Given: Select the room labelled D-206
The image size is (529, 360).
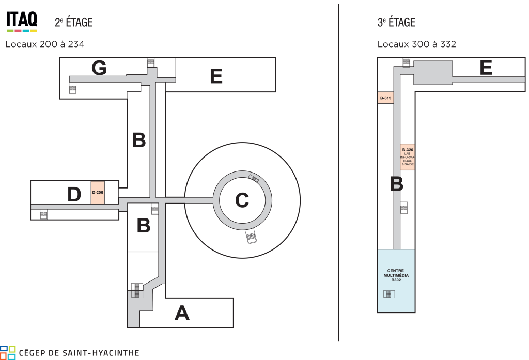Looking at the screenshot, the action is tap(98, 192).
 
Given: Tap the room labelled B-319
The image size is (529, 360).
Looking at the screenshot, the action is tap(385, 98).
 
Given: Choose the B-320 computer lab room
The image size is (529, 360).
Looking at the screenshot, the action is tap(408, 157).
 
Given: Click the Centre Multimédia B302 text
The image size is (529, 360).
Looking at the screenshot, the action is tap(396, 275).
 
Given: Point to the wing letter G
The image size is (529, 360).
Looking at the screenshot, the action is tap(99, 68).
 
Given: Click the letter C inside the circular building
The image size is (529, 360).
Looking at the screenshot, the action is tap(242, 200).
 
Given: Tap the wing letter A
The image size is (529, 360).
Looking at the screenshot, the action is tap(182, 313).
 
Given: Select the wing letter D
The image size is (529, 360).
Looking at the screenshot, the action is tap(74, 194).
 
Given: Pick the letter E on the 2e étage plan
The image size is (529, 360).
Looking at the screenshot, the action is tap(216, 76).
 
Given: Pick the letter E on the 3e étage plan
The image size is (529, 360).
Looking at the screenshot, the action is tap(486, 68).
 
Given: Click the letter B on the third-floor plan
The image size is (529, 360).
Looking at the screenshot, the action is tap(396, 184).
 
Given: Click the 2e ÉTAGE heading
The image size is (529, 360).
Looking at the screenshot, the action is tap(73, 22).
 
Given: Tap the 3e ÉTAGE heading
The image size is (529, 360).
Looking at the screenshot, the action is tap(396, 22).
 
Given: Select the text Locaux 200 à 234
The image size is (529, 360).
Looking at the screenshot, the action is tap(45, 44).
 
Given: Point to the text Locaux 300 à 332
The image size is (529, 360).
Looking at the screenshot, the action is tap(417, 44).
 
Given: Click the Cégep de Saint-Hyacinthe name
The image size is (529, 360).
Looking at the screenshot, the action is tap(79, 353).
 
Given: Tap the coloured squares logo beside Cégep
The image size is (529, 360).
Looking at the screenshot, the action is tap(8, 353).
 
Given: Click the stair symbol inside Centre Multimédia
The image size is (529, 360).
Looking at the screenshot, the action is tap(388, 294).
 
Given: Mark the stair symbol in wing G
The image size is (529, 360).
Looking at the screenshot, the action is tap(72, 89).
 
